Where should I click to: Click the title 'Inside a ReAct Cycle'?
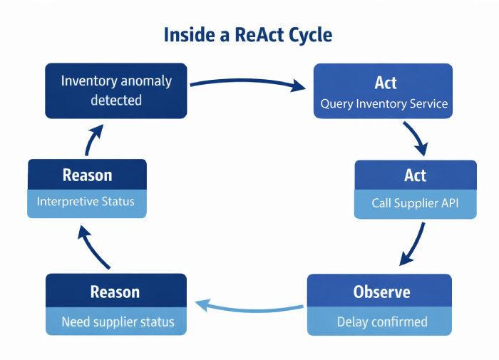click(x=248, y=34)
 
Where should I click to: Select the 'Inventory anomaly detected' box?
click(x=116, y=91)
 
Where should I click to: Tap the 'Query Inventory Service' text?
click(x=384, y=104)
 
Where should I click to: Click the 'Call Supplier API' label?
click(x=415, y=203)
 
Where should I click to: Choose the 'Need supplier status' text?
click(x=118, y=322)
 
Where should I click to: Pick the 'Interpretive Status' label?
click(x=86, y=202)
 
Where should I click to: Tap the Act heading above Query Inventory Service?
click(x=386, y=82)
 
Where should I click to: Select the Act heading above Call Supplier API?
click(x=415, y=175)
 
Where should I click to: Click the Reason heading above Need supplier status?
click(x=115, y=292)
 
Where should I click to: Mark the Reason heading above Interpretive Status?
click(x=87, y=175)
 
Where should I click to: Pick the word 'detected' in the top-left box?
click(x=116, y=101)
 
